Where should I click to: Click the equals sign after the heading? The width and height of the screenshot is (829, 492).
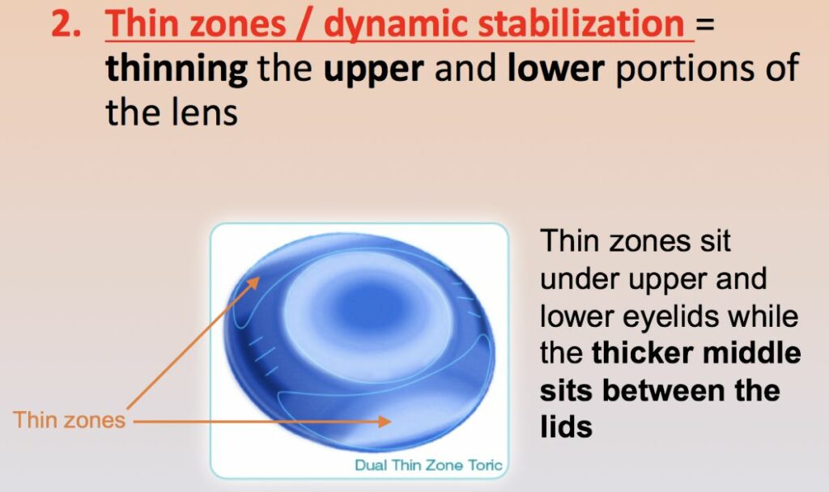(706, 27)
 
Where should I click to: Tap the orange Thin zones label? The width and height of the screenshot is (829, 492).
(69, 420)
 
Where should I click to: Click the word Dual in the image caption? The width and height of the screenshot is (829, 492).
(370, 465)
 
